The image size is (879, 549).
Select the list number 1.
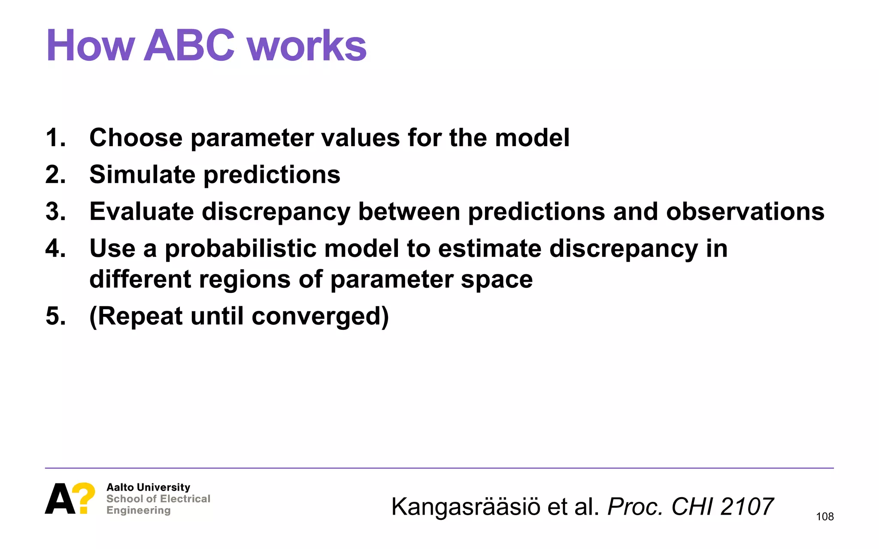55,138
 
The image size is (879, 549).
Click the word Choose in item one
136,138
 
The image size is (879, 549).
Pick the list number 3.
55,211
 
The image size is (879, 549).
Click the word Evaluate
141,211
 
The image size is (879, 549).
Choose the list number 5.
55,316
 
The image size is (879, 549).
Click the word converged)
320,316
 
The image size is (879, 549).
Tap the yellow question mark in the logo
83,498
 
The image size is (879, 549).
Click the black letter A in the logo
60,499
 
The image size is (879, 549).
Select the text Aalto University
148,487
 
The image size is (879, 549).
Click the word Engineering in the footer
138,510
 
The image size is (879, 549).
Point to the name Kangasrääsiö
466,507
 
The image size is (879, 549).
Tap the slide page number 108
824,516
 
